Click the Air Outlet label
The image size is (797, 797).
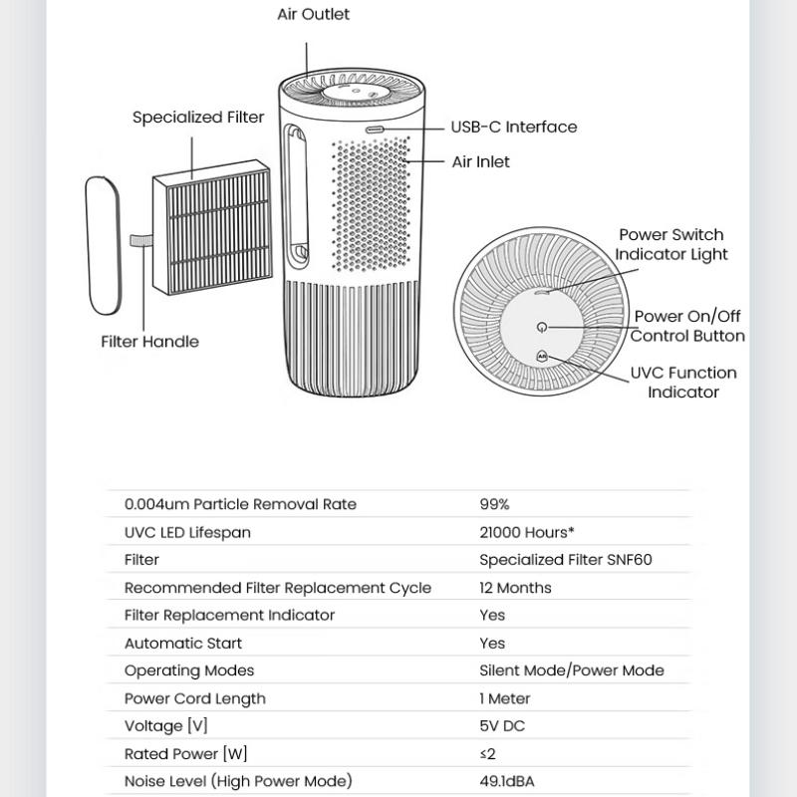coord(313,15)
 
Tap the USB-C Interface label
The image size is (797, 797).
coord(513,128)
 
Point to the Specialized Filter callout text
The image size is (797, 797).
coord(198,118)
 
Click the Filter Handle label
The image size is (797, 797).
coord(149,342)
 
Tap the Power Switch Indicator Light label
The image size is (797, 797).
coord(670,244)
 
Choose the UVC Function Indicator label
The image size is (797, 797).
coord(682,383)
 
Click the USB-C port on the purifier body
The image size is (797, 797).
coord(375,130)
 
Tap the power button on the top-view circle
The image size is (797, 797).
coord(541,327)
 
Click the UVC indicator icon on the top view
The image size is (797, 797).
coord(542,355)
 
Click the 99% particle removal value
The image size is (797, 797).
coord(494,504)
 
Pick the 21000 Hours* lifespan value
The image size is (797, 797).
coord(526,532)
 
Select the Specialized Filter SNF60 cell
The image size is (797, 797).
coord(565,560)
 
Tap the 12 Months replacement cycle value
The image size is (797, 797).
coord(515,588)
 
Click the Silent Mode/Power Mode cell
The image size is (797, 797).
coord(571,670)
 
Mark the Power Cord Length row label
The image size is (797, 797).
coord(194,698)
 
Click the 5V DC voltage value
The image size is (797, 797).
coord(502,726)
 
